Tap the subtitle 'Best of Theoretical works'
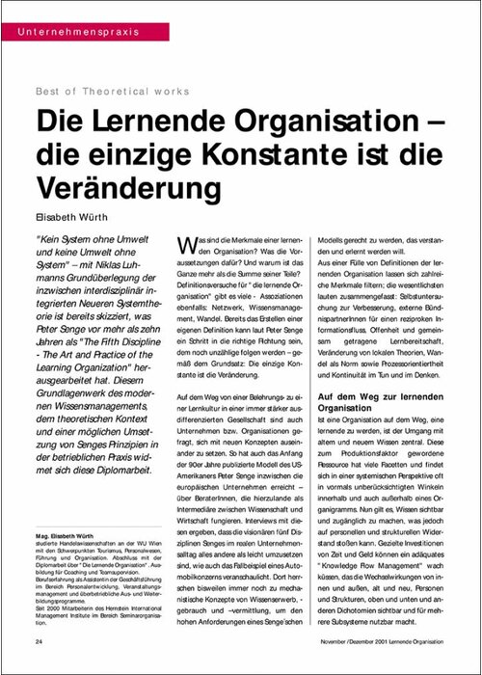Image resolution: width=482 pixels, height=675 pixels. (x=113, y=93)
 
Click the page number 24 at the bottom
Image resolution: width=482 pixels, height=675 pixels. (x=38, y=640)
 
